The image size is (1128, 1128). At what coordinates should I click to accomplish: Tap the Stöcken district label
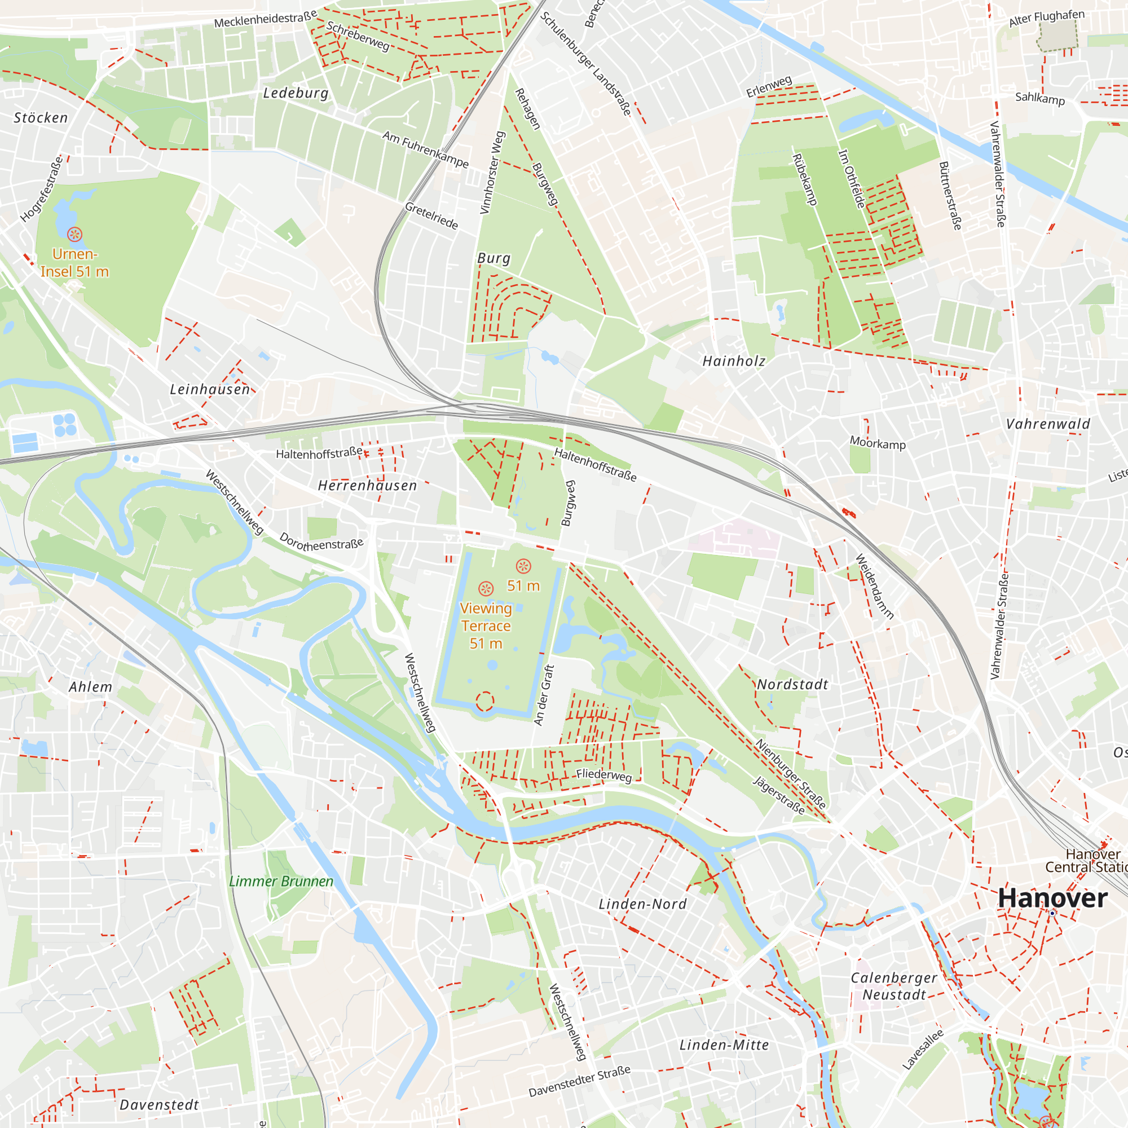41,118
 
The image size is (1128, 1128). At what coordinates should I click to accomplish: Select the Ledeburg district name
296,94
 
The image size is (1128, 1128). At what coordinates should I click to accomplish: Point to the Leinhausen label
210,389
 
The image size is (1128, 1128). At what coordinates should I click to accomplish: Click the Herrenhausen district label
367,486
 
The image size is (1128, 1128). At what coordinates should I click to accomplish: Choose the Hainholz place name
734,362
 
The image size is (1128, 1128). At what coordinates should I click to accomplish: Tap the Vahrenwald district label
1048,425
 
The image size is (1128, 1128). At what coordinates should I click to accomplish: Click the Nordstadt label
792,685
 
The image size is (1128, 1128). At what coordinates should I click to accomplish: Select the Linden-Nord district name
643,905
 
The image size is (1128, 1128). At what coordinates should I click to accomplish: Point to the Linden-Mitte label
724,1045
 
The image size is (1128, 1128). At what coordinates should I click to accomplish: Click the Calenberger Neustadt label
893,986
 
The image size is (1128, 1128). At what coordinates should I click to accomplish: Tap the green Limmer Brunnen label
281,882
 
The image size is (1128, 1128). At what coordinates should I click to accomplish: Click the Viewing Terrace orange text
486,626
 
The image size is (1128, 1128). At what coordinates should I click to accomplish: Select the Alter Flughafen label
1047,17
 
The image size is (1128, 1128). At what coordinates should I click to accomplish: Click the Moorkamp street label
878,443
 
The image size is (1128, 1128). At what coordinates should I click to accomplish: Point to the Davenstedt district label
160,1105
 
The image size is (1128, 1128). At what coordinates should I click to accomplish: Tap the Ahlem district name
90,687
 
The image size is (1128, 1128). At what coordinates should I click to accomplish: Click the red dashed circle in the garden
484,701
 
